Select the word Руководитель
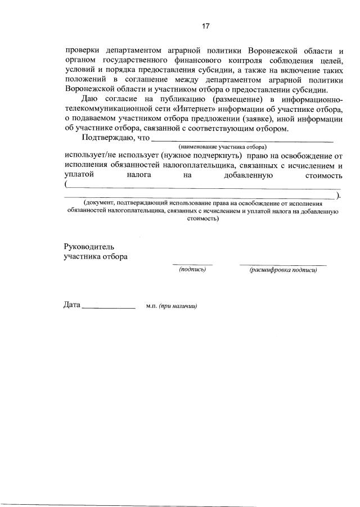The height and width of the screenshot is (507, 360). (x=89, y=246)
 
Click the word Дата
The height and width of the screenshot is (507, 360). (x=72, y=306)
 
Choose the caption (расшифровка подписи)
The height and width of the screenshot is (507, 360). (x=283, y=270)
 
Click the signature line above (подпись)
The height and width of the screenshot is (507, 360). (x=192, y=264)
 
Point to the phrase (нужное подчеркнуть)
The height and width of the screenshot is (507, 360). (x=200, y=155)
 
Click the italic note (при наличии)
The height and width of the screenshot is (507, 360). (x=177, y=307)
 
